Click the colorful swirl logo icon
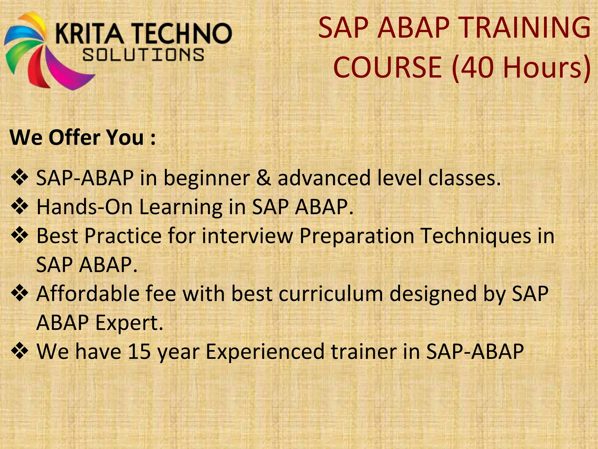click(x=44, y=50)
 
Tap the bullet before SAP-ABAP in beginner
click(x=19, y=178)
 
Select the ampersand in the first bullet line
click(x=263, y=178)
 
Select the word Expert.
click(x=129, y=323)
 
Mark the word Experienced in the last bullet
click(x=265, y=351)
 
